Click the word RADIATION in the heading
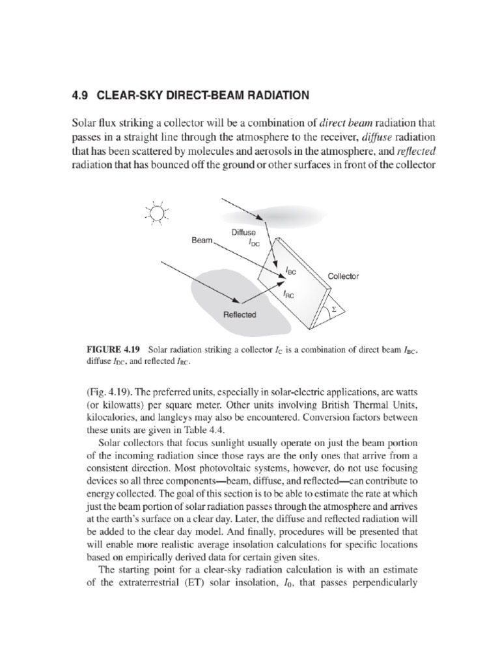272,95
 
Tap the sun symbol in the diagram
156,213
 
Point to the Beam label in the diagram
202,240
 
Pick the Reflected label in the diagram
240,315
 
